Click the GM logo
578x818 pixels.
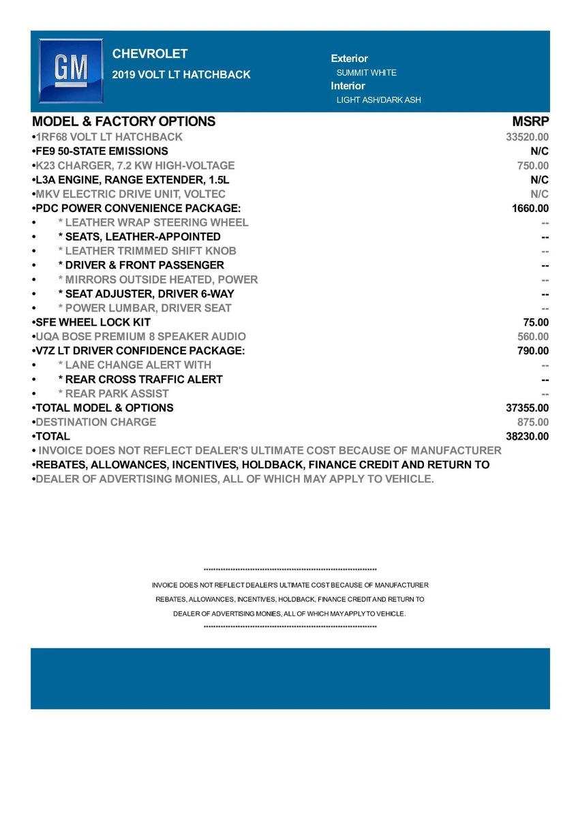[x=71, y=70]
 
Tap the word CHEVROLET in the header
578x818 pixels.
[x=149, y=55]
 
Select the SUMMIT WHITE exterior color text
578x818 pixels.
[x=366, y=73]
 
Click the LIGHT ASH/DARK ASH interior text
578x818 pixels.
[x=378, y=100]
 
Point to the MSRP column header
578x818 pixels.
[x=530, y=122]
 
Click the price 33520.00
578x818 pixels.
[x=527, y=137]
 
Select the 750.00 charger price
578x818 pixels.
[x=533, y=166]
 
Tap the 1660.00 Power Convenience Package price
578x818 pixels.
[x=530, y=209]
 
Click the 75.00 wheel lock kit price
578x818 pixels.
[x=536, y=322]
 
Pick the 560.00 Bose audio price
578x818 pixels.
[x=533, y=337]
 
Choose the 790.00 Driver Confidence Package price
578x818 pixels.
[x=533, y=351]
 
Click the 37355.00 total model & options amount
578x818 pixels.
[x=527, y=408]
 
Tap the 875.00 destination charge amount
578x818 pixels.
[x=533, y=423]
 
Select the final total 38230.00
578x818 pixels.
[x=527, y=437]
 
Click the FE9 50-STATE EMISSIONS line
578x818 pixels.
[x=102, y=151]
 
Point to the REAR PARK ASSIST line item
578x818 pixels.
[x=113, y=394]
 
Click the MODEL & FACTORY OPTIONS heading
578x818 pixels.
[x=123, y=122]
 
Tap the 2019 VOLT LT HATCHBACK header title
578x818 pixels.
[x=181, y=75]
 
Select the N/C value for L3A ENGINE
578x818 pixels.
[x=539, y=180]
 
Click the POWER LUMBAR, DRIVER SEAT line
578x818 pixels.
[x=144, y=308]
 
